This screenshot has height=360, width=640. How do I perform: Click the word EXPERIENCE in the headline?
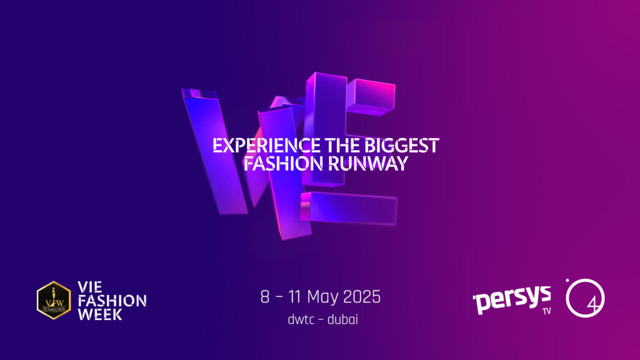(x=266, y=146)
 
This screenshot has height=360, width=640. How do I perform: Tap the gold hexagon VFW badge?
(x=54, y=300)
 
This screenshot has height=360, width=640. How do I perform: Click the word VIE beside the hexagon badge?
(x=90, y=287)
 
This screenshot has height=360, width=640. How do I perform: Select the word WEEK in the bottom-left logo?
(x=101, y=314)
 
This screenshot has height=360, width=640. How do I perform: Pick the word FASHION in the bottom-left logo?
(x=112, y=301)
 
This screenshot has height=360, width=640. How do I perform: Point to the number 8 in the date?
(x=265, y=297)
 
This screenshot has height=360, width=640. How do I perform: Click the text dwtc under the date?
(x=301, y=319)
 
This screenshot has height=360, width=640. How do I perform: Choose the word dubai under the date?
(x=343, y=319)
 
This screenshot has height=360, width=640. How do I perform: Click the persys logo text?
(x=512, y=299)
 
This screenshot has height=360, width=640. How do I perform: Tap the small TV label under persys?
(x=546, y=311)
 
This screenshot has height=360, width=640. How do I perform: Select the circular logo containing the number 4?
(x=585, y=298)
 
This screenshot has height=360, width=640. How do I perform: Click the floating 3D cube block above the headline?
(x=371, y=96)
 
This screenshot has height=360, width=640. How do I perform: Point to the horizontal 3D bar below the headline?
(x=349, y=207)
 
